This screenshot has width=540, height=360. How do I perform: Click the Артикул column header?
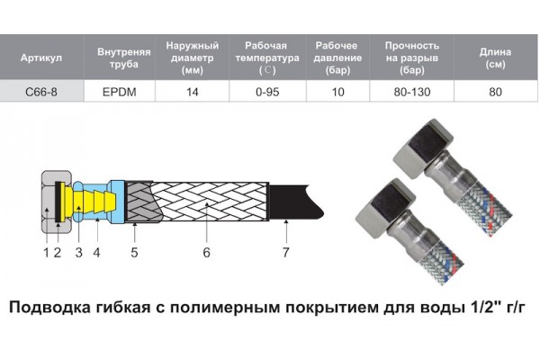(41, 58)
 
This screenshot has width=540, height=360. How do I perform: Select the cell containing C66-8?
(41, 92)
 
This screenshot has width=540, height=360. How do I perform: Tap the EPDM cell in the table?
(120, 92)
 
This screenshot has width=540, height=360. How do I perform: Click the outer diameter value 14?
(193, 92)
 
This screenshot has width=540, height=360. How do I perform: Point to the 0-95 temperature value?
(267, 92)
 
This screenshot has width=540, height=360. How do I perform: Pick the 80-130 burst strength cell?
(412, 92)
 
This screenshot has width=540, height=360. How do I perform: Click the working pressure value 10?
(337, 92)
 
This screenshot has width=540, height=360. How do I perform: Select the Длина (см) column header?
(495, 58)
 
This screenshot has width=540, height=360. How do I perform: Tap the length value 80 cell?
(495, 92)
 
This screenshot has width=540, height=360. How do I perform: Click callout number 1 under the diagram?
(46, 253)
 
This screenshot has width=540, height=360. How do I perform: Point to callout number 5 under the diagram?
(134, 253)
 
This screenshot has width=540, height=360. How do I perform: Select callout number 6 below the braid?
(206, 253)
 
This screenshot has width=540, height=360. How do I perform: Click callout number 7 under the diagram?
(286, 253)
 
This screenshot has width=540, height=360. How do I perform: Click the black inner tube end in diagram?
(295, 202)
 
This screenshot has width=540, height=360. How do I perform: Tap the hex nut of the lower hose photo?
(383, 208)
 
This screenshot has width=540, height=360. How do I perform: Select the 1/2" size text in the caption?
(485, 307)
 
